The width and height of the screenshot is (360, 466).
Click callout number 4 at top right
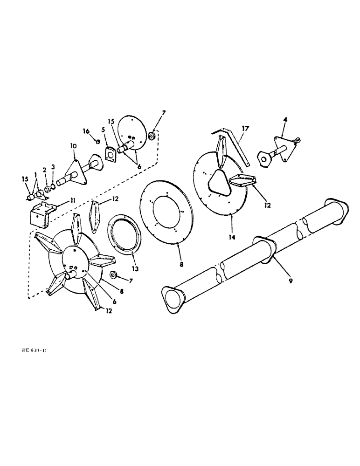(x=285, y=121)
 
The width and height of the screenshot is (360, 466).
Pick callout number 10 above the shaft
(x=73, y=146)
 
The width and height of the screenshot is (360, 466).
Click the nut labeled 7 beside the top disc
(x=152, y=136)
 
